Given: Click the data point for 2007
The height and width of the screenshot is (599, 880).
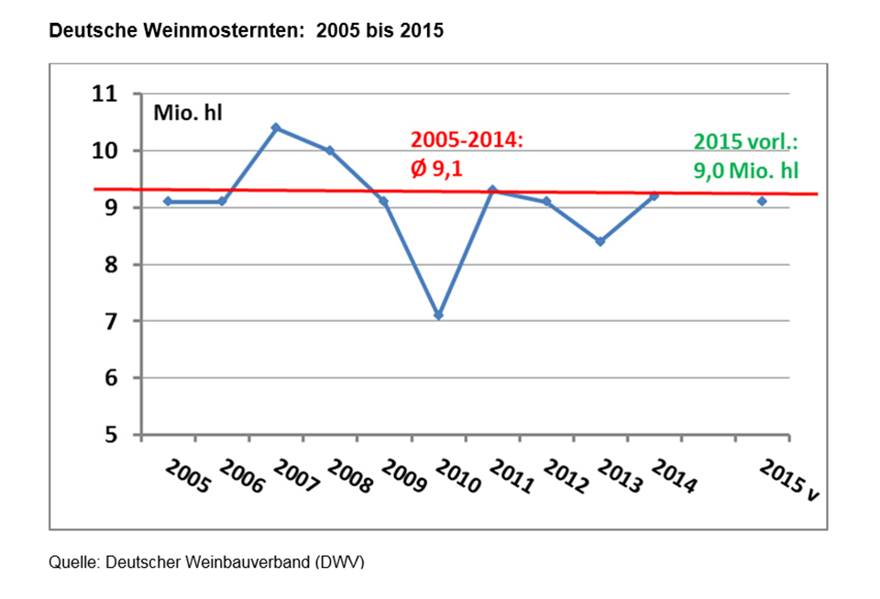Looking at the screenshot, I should coord(276,128).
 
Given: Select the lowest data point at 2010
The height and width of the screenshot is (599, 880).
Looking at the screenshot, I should coord(438,315).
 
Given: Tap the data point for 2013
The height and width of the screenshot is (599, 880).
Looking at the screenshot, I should coord(600,241).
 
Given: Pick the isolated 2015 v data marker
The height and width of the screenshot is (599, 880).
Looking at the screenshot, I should coord(762,201).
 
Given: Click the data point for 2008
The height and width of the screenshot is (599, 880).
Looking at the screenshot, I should coord(330,150).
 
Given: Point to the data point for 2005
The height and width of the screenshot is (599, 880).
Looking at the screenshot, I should coord(168,201).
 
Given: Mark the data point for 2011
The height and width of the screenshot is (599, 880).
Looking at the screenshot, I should coord(492,190).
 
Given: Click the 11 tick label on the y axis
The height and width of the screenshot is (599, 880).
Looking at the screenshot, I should coord(106,94).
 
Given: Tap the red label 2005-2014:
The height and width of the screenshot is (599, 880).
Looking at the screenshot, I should coord(465,140).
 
